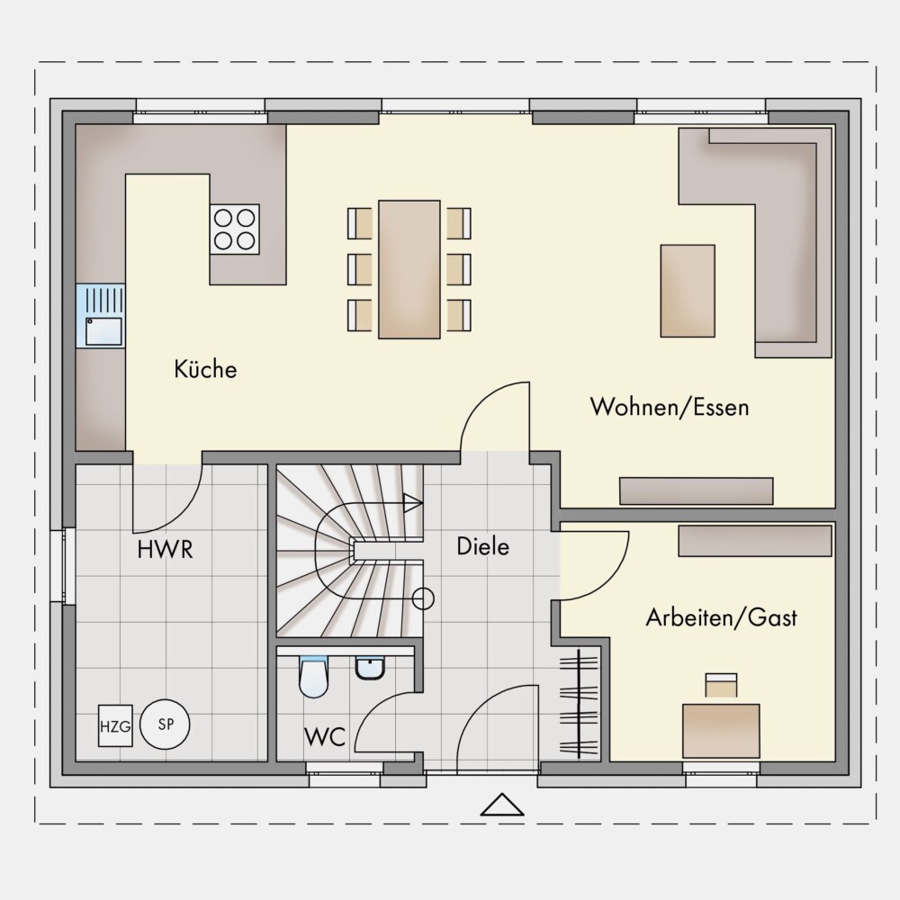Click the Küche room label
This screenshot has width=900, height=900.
point(205,368)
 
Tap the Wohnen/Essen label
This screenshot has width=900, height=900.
point(670,407)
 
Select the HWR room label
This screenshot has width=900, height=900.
point(166,549)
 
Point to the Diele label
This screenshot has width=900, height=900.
point(482,546)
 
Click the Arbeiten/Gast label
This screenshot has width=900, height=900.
point(722,617)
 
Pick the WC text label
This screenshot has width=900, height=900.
point(325,736)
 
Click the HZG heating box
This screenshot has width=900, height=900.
point(115,726)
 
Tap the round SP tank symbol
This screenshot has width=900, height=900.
point(166,724)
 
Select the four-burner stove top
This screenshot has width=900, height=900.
point(234,229)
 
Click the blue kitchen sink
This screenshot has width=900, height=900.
point(101,316)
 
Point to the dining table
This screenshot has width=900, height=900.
point(409,269)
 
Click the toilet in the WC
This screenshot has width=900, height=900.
point(313,677)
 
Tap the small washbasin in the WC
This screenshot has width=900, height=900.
point(371,669)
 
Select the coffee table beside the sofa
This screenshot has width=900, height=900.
point(688,291)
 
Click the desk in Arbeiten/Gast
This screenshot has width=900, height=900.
point(721,731)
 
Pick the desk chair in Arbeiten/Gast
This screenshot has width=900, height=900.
point(721,686)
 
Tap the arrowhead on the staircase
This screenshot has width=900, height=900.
point(413,503)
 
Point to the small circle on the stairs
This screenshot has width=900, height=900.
point(424,598)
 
